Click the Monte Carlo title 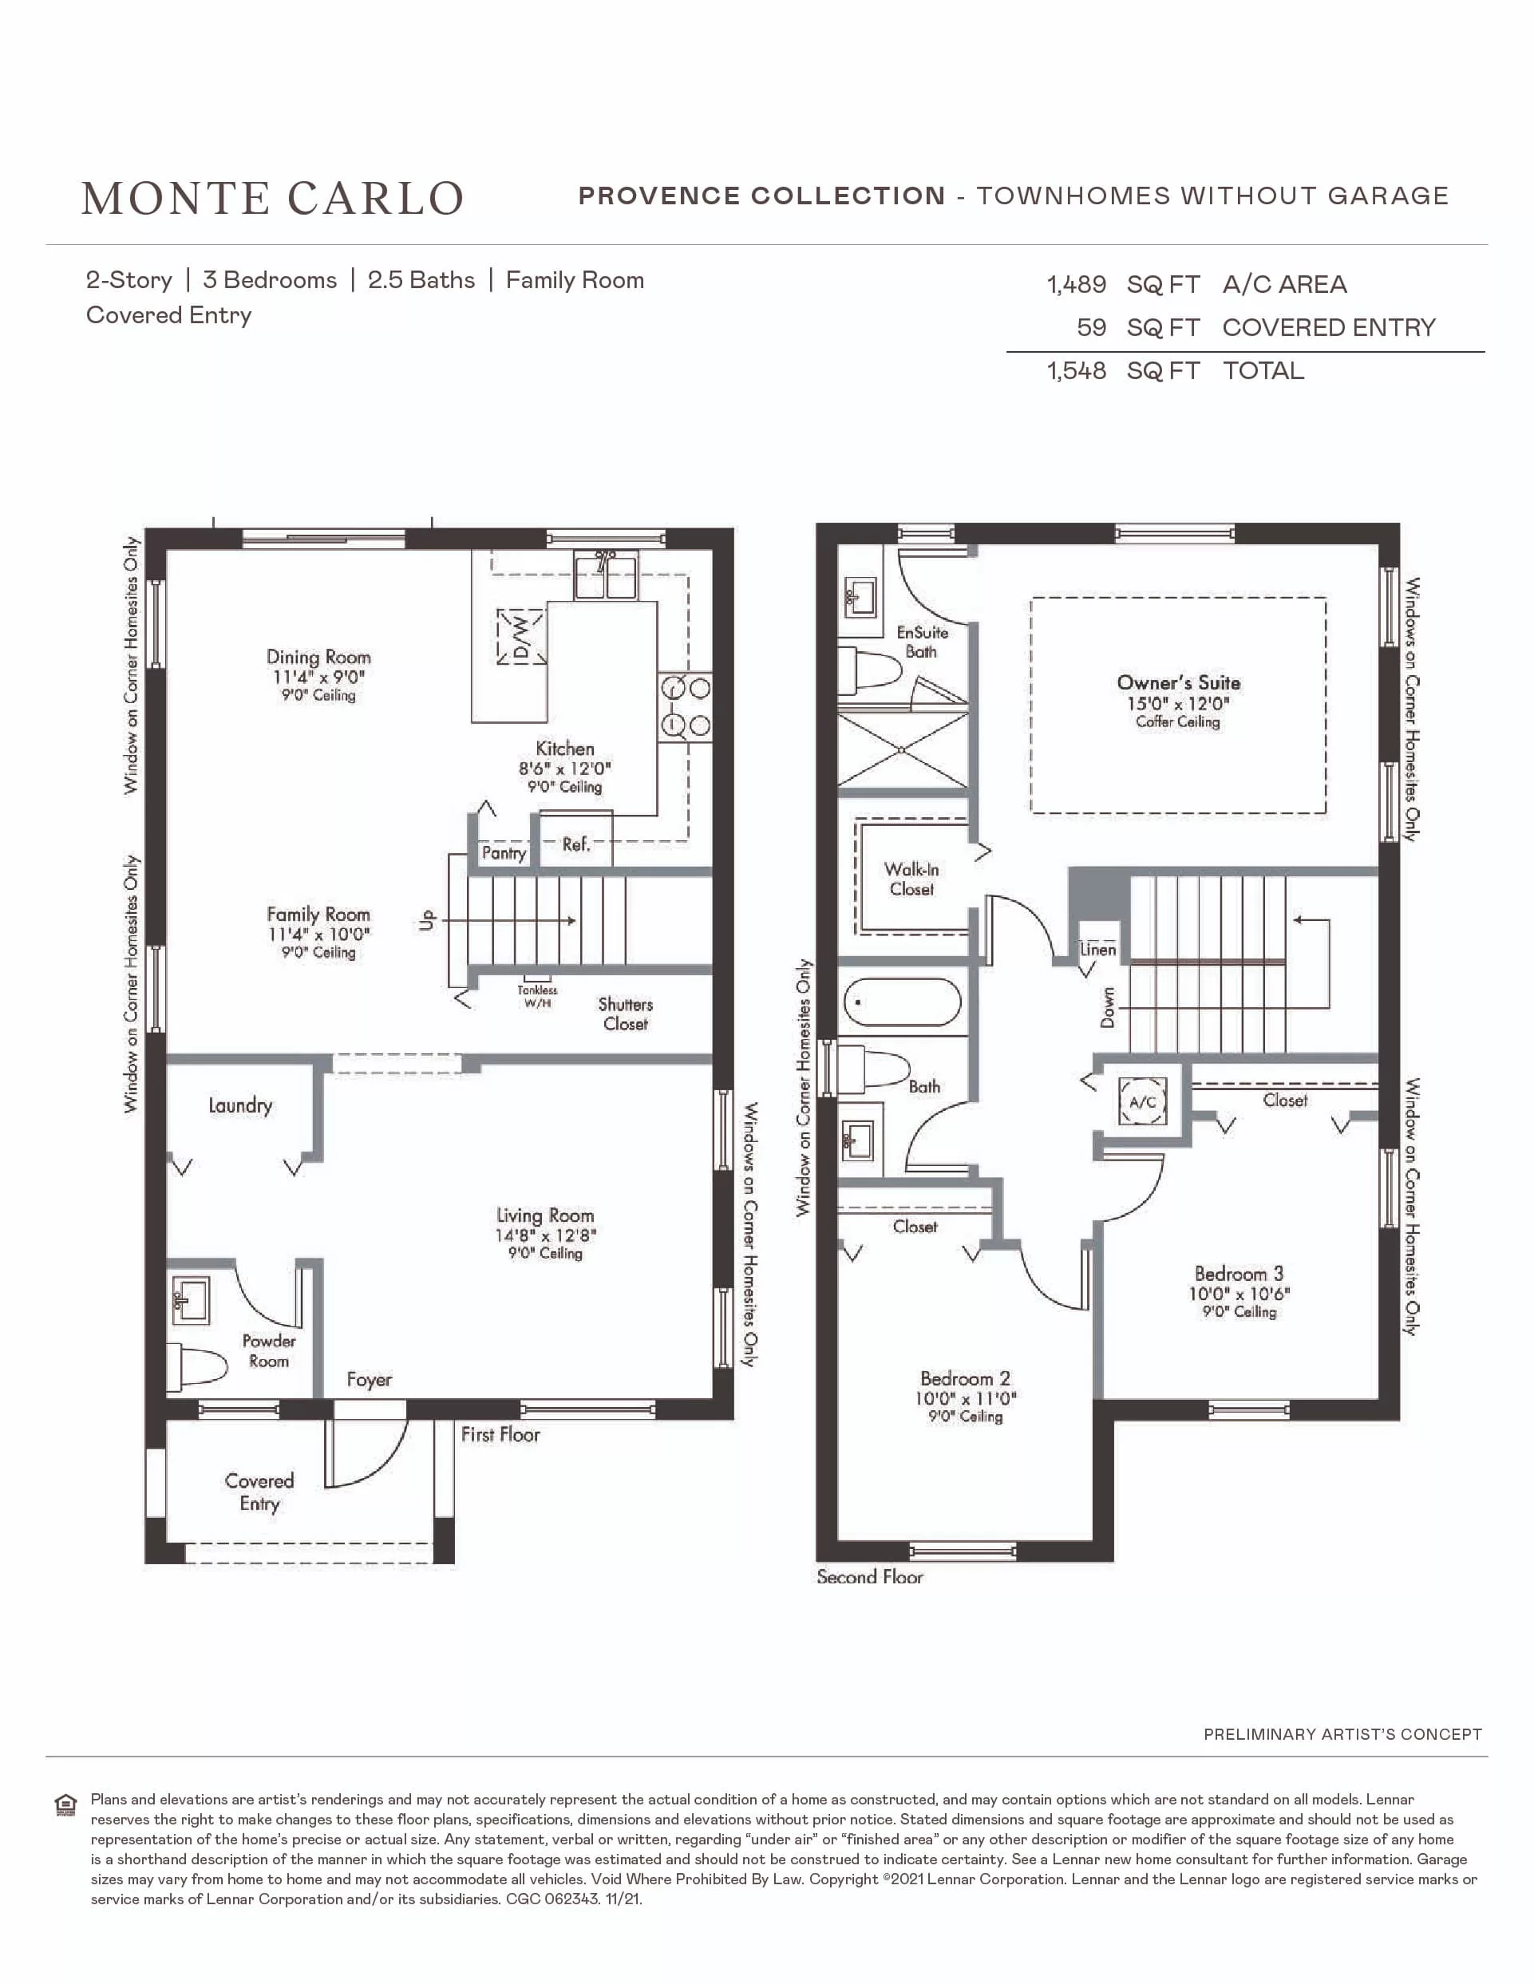pos(272,198)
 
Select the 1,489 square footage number pos(1076,284)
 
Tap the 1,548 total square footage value pos(1076,370)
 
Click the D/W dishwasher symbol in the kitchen pos(520,637)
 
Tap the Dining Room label pos(318,657)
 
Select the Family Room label pos(318,914)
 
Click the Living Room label pos(545,1215)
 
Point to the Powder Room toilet pos(197,1366)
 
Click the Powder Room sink pos(191,1300)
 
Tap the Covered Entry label pos(259,1492)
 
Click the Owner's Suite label pos(1179,682)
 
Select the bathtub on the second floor pos(902,1003)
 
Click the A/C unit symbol pos(1143,1102)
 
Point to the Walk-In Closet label pos(912,879)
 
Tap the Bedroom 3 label pos(1239,1274)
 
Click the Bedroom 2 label pos(966,1378)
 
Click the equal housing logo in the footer pos(65,1804)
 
